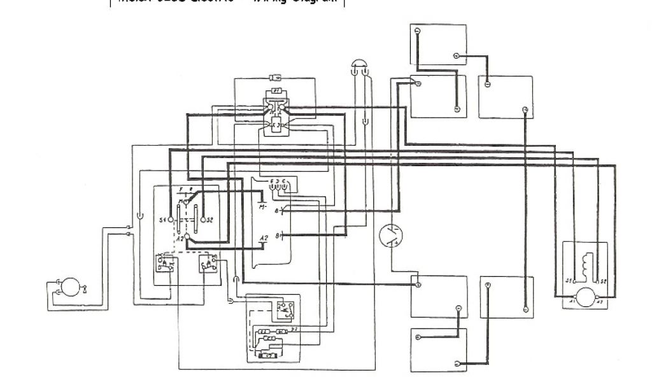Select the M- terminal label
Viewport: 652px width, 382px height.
[x=262, y=208]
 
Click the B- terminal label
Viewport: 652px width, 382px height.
[x=276, y=236]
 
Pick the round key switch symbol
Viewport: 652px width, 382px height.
[x=390, y=236]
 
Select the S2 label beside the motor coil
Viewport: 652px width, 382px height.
[x=602, y=281]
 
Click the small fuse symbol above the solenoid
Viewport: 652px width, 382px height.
[x=276, y=78]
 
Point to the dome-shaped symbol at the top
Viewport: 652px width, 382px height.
[x=358, y=64]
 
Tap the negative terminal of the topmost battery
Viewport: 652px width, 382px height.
[x=418, y=31]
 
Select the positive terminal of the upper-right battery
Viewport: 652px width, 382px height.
[x=525, y=110]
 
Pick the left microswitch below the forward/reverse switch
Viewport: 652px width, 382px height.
[x=164, y=262]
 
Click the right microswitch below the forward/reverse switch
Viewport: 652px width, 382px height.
[x=208, y=262]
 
